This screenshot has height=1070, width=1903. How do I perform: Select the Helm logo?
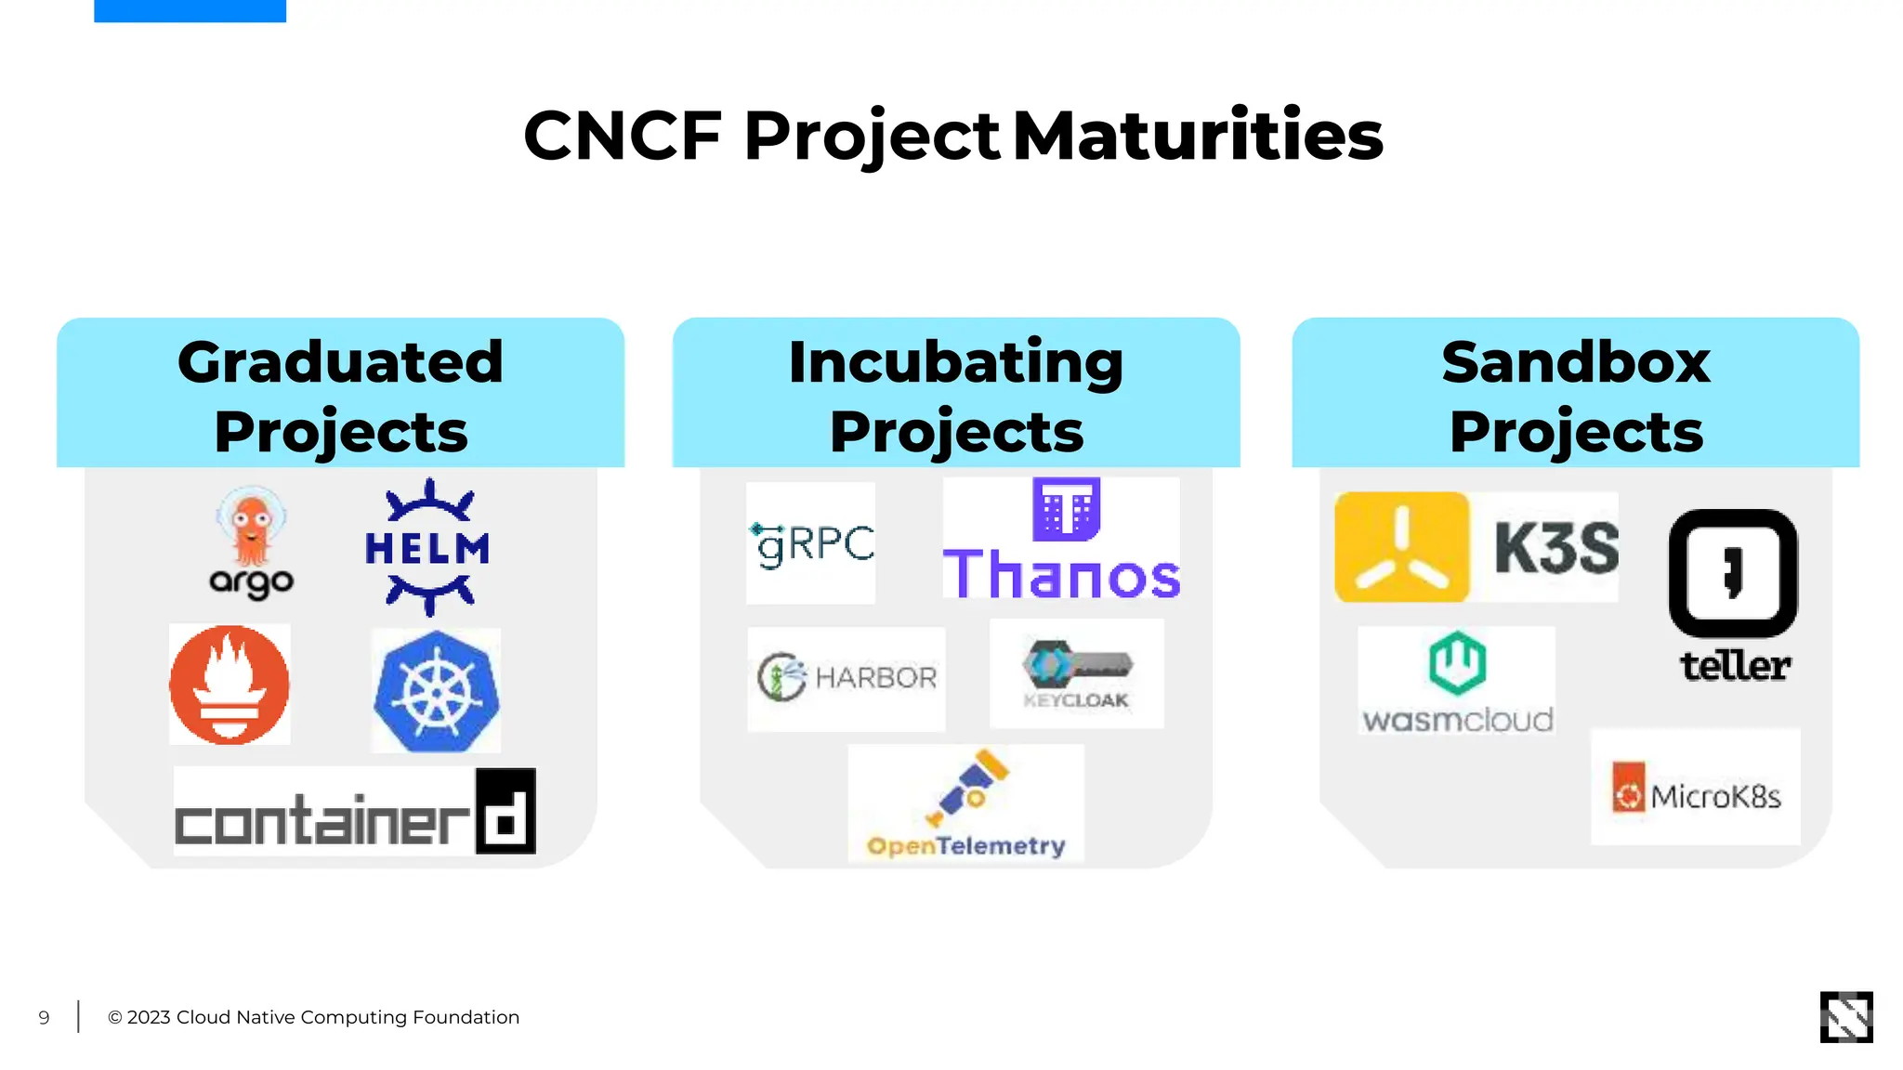[428, 547]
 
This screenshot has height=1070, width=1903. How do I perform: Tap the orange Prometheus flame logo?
[230, 685]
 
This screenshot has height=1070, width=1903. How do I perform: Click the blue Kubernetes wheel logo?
[436, 691]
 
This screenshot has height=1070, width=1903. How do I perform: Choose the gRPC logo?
[811, 543]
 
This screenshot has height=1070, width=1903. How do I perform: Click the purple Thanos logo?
[1061, 542]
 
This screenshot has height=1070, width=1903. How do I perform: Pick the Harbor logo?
[847, 678]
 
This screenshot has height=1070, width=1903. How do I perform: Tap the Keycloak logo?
[1076, 673]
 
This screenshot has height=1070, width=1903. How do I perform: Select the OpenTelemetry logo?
[965, 804]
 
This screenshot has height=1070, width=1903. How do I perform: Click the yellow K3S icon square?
[1401, 547]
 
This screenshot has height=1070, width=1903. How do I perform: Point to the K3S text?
[1556, 548]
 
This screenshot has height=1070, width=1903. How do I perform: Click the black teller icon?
[1733, 573]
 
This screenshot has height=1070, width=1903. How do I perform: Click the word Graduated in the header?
[340, 362]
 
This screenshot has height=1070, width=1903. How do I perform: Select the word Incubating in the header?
[955, 362]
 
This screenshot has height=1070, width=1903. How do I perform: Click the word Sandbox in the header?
[1576, 362]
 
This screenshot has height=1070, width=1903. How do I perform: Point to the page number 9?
[44, 1018]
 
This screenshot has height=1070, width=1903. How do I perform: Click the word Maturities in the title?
[1198, 136]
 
